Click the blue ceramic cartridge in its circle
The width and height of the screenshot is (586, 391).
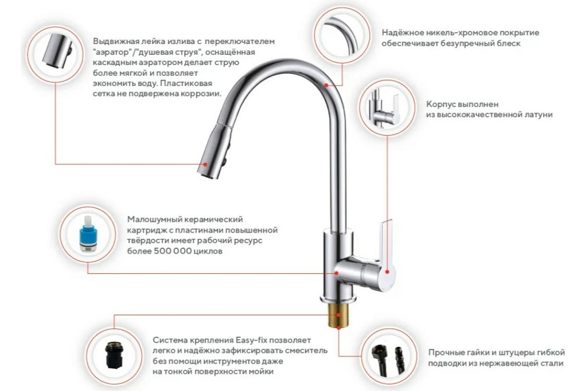point(88,234)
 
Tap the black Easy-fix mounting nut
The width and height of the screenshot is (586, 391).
point(114,356)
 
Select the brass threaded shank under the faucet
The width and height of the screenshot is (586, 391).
point(338,315)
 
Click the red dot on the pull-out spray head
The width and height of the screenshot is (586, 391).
point(206,164)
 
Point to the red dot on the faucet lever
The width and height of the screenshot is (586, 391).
point(387,272)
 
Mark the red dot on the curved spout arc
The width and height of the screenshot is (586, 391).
point(326,85)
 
